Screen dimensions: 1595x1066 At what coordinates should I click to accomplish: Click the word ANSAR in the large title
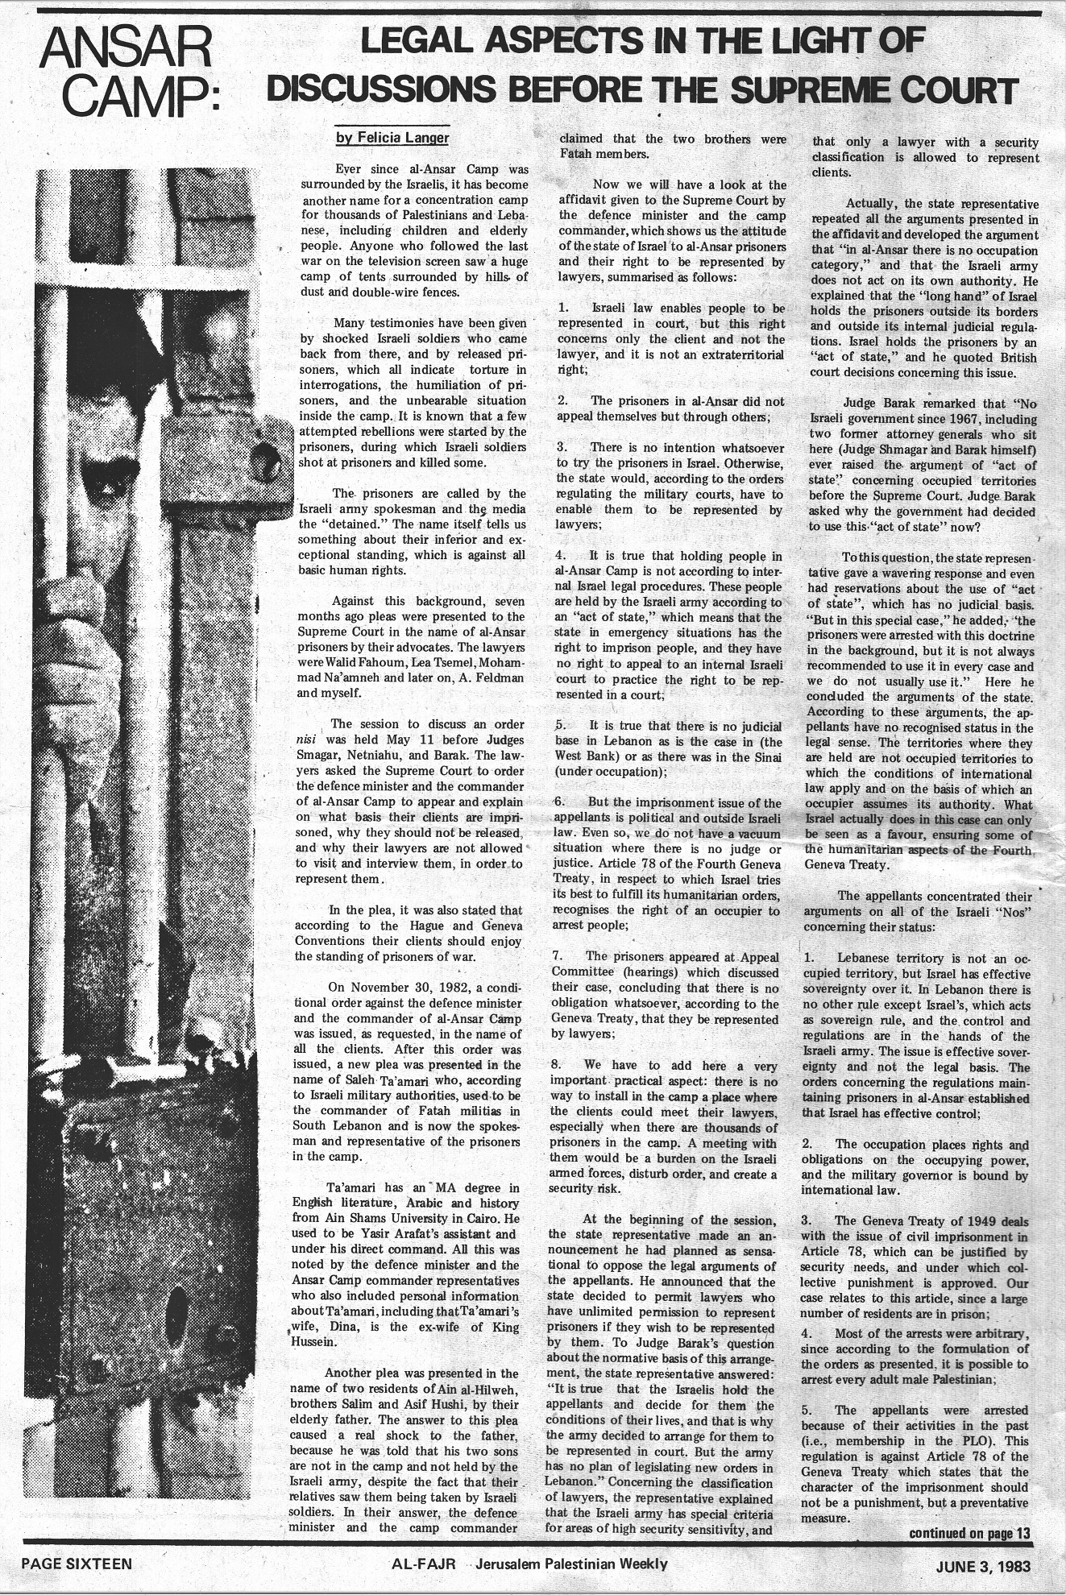(x=126, y=50)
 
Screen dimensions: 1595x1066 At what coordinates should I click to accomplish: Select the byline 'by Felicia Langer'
(x=392, y=138)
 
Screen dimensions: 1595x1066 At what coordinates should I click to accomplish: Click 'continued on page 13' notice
(x=969, y=1533)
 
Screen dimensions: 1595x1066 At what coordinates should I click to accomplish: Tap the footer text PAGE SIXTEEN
(x=77, y=1564)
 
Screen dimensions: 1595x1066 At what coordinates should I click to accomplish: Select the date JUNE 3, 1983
(x=983, y=1566)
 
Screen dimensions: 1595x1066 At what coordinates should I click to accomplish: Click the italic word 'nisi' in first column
(x=305, y=739)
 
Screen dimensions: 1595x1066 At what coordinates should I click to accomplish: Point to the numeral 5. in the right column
(x=807, y=1410)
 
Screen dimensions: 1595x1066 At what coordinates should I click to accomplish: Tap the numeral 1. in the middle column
(x=563, y=309)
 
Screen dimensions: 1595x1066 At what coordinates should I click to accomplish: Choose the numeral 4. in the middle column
(x=562, y=556)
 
